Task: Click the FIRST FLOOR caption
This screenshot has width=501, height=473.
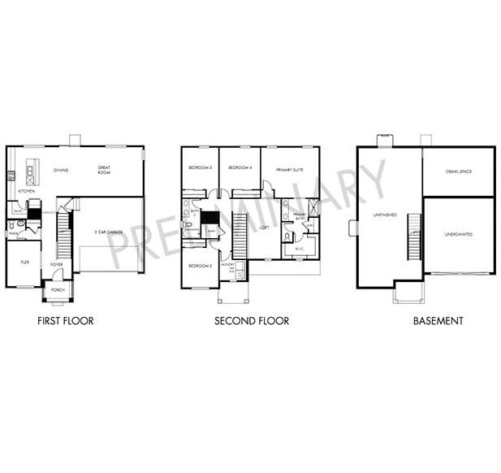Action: coord(66,321)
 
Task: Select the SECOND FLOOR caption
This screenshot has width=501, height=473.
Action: coord(252,321)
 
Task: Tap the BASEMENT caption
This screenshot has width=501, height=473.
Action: coord(438,321)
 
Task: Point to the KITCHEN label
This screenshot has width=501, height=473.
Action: coord(26,191)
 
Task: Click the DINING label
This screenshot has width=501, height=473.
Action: coord(60,170)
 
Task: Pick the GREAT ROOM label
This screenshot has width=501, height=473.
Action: coord(104,171)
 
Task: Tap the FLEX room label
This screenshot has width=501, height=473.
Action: coord(24,263)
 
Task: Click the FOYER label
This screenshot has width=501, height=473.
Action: coord(57,264)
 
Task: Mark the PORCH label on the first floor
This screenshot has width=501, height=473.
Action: coord(58,290)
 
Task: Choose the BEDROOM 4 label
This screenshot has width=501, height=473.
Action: coord(239,167)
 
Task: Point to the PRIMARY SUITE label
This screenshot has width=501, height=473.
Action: coord(289,170)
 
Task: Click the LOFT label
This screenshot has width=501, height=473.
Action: coord(264,228)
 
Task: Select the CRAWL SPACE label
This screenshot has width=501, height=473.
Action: coord(458,171)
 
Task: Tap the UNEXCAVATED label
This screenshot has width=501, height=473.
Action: coord(458,234)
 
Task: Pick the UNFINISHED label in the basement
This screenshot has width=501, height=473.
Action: coord(384,215)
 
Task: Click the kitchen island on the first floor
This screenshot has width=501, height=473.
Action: coord(31,171)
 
